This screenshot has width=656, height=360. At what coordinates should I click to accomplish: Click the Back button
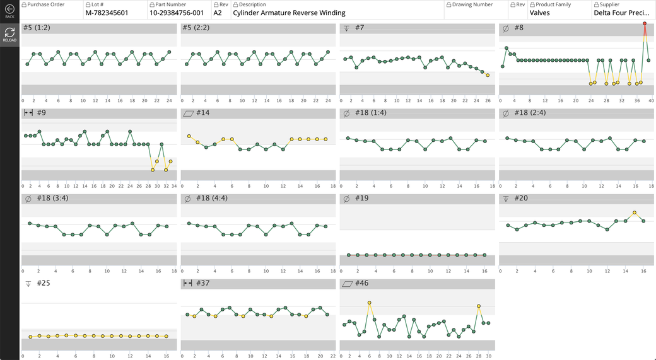[9, 12]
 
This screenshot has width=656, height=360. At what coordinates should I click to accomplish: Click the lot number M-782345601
[107, 13]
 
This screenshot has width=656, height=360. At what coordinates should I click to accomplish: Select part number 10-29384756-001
[177, 13]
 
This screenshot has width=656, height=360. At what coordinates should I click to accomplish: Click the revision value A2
[218, 13]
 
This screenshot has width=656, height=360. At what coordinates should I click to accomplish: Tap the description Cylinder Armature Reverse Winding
[289, 13]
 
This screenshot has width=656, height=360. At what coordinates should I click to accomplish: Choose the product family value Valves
[539, 13]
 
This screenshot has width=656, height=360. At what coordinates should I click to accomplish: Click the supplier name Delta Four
[621, 13]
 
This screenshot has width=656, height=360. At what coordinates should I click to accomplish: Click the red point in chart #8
[645, 24]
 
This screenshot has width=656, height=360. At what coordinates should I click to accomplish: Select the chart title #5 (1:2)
[36, 28]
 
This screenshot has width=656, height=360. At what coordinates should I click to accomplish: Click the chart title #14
[202, 113]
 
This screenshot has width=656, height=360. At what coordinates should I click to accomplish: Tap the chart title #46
[361, 283]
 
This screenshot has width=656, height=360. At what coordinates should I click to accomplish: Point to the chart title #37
[202, 283]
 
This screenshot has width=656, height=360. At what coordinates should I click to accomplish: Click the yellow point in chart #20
[635, 213]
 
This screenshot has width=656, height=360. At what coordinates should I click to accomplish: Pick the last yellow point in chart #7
[488, 75]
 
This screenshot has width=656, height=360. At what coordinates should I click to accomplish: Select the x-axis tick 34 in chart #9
[173, 185]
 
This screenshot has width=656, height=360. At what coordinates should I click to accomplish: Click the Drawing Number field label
[472, 4]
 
